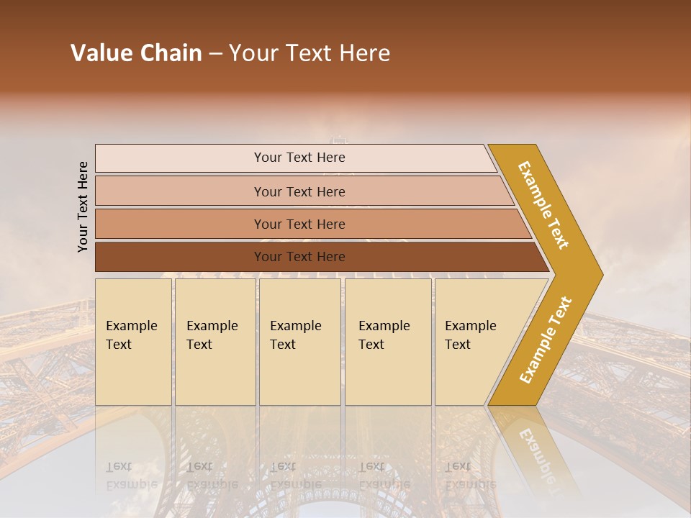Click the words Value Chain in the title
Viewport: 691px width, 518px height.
136,53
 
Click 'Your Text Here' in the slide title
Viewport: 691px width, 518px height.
310,53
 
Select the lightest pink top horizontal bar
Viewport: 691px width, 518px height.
180,158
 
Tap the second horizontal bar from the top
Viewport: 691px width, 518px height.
180,191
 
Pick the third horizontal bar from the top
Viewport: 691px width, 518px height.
180,224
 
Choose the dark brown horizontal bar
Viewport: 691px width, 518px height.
180,257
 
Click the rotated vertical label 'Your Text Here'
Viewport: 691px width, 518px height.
83,206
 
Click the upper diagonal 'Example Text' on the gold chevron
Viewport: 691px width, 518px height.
543,205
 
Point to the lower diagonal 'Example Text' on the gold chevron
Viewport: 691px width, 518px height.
546,340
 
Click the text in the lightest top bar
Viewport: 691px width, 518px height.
299,158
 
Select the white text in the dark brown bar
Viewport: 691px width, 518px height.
299,257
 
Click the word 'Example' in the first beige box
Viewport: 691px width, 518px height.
131,326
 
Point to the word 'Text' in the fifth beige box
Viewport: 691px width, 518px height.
458,345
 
